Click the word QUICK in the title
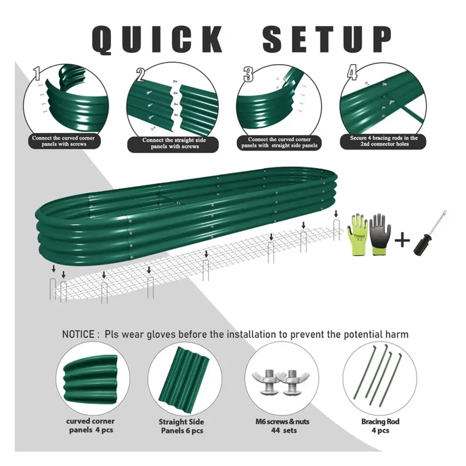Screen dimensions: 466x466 [x=157, y=40]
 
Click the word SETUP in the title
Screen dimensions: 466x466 [x=327, y=39]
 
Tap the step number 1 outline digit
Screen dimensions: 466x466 [x=37, y=73]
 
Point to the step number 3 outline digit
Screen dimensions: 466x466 [x=248, y=74]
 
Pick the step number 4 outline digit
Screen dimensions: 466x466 [x=352, y=73]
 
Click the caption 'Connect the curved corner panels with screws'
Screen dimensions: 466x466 [x=63, y=141]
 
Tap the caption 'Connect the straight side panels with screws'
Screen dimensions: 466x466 [x=174, y=143]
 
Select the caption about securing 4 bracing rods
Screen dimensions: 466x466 [x=384, y=141]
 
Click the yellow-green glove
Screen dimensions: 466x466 [x=358, y=235]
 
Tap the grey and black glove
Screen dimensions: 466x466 [x=380, y=234]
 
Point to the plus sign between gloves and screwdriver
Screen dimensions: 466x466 [x=402, y=240]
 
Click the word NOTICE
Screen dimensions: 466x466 [x=78, y=334]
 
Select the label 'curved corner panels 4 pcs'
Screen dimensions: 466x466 [x=91, y=425]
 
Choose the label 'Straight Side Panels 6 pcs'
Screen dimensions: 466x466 [x=182, y=426]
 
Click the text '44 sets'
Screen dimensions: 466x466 [x=284, y=430]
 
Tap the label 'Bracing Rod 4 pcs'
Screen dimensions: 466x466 [x=380, y=425]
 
